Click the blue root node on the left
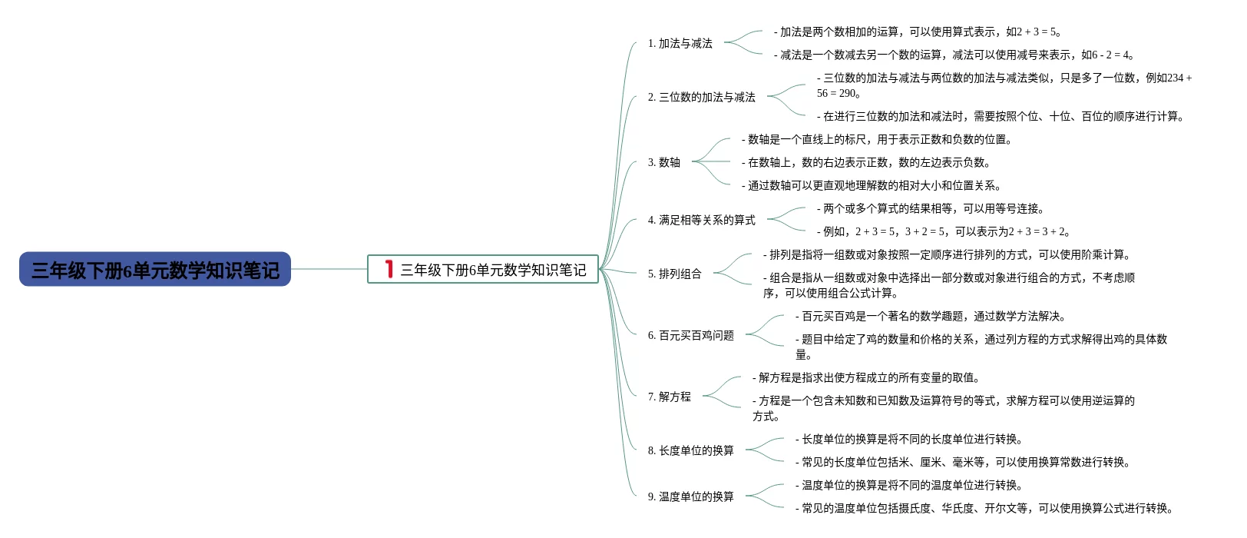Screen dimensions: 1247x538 coord(155,270)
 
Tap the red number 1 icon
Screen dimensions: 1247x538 coord(389,269)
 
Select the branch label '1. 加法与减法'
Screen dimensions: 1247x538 coord(680,44)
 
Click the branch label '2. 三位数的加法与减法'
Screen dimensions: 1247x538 coord(701,98)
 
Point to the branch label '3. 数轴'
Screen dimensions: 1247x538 coord(663,163)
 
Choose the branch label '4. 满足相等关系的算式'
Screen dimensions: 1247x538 coord(701,221)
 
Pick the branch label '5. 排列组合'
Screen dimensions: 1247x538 coord(674,274)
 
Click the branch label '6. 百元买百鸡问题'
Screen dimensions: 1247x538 coord(690,336)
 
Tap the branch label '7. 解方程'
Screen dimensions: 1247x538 coord(669,397)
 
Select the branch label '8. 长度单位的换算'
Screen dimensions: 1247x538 coord(690,451)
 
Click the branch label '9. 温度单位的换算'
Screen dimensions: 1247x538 coord(690,497)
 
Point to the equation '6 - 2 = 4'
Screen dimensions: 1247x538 coord(1106,55)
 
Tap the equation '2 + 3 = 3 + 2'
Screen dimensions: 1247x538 coord(1036,232)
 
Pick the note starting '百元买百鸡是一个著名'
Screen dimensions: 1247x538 coord(931,317)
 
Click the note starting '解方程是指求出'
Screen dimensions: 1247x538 coord(866,378)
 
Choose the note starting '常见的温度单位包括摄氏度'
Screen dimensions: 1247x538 coord(984,509)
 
